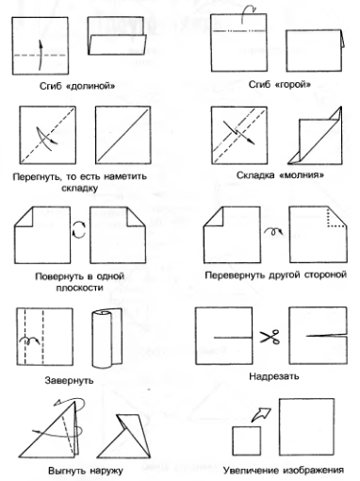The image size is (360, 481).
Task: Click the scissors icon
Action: coord(270,337)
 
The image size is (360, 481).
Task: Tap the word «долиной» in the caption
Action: coord(90,86)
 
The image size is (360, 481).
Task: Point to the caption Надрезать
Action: coord(274,376)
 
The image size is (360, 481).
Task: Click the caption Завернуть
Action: coord(69,380)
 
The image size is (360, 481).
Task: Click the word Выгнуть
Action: coord(67,471)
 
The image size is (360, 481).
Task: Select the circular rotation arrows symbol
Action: coord(79,229)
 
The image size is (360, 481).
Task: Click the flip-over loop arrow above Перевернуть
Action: coord(273,231)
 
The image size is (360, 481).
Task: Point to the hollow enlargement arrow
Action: coord(261,415)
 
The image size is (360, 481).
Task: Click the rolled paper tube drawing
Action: coord(106,338)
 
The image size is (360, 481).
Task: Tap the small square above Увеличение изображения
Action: coord(247,440)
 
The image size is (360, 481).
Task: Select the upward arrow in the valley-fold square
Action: coord(41,55)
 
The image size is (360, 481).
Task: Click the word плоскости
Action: coord(80,288)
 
